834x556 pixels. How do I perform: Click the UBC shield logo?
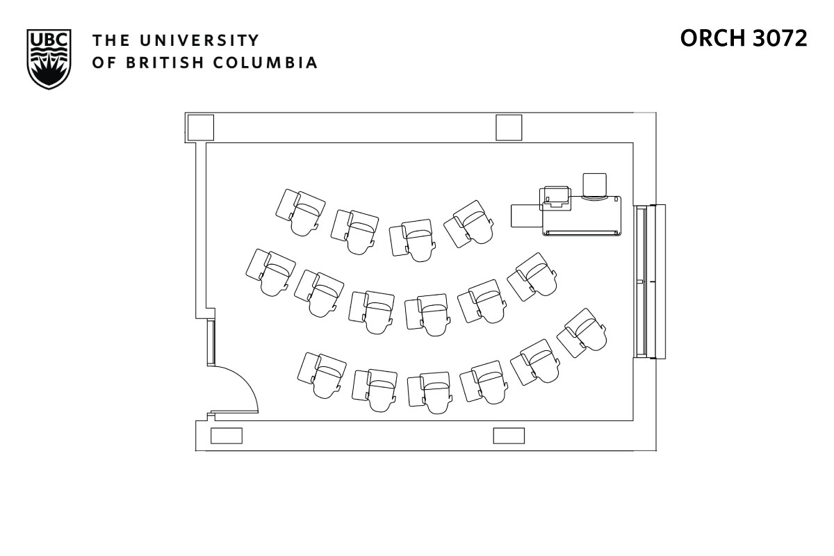click(49, 58)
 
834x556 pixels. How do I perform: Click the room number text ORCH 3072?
click(743, 39)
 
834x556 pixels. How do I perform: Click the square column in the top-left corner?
click(200, 127)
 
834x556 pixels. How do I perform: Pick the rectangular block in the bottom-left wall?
click(227, 436)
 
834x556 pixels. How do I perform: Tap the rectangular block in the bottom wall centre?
click(509, 436)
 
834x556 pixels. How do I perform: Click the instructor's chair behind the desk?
click(595, 185)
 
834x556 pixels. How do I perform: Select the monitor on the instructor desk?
click(555, 197)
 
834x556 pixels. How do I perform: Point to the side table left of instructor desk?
click(526, 215)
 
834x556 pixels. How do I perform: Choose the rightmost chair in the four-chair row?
click(471, 222)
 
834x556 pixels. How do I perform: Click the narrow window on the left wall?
click(211, 343)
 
